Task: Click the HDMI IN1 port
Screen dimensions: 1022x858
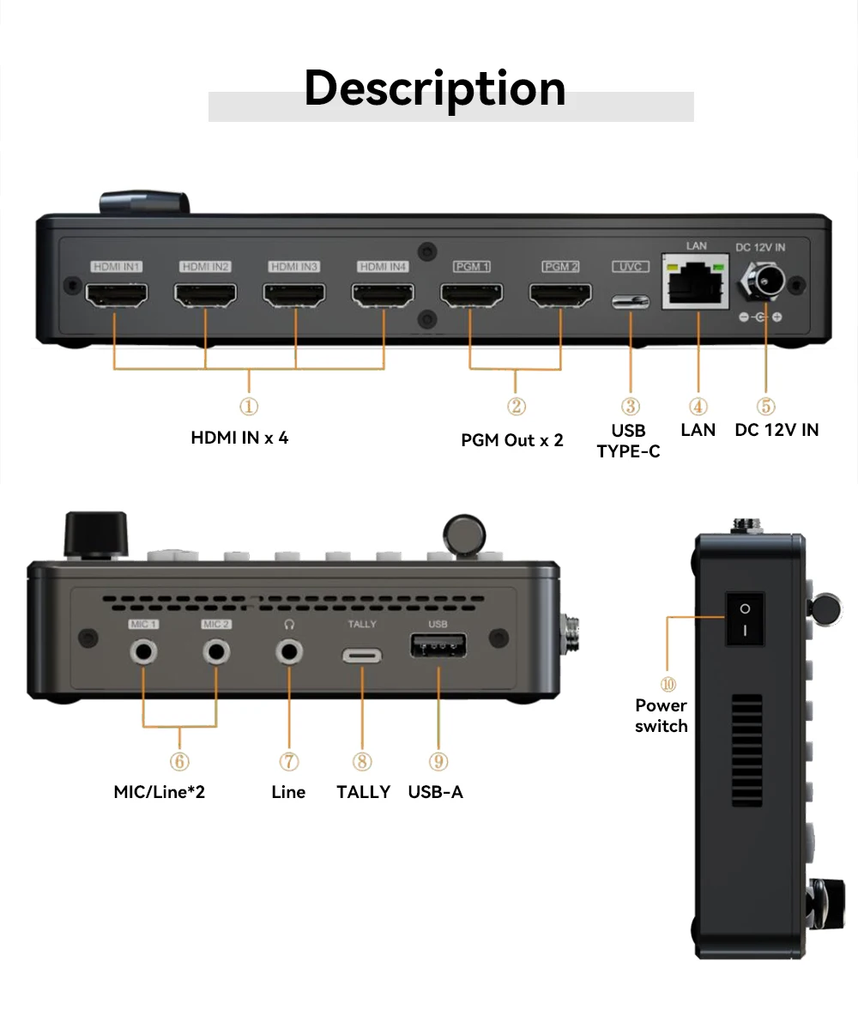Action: [x=117, y=296]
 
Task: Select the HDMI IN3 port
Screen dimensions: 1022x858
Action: [x=294, y=296]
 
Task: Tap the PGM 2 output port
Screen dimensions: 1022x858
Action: [x=560, y=296]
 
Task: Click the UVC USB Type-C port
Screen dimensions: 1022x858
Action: [x=631, y=302]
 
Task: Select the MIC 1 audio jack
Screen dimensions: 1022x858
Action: [x=143, y=652]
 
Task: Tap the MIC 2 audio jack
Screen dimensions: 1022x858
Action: [x=216, y=652]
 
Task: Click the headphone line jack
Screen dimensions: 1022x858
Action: [x=289, y=652]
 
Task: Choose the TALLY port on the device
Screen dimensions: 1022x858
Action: [x=362, y=656]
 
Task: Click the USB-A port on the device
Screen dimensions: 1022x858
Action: [x=438, y=646]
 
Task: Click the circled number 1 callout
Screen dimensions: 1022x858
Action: [x=249, y=406]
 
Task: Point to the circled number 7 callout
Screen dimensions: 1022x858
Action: [x=289, y=761]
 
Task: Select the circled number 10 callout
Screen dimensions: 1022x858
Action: [x=668, y=684]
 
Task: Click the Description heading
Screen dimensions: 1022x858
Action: [x=435, y=88]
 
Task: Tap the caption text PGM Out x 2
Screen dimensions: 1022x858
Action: [x=512, y=440]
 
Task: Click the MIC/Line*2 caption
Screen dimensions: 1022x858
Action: [x=160, y=792]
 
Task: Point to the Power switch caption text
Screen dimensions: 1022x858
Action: [x=661, y=716]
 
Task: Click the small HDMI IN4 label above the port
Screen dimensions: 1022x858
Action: [x=384, y=267]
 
